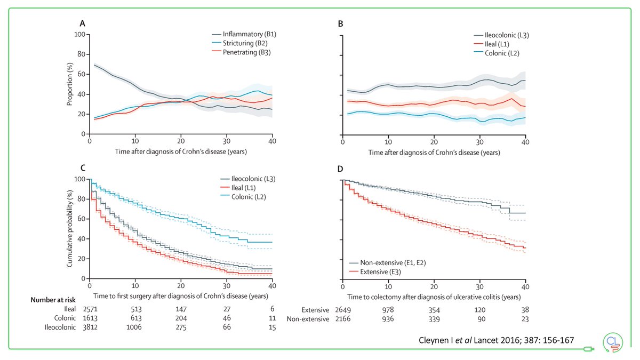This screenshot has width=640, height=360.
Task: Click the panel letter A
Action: (x=83, y=24)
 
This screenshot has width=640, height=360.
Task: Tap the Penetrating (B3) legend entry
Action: (x=249, y=53)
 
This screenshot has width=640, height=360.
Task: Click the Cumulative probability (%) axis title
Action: (x=69, y=229)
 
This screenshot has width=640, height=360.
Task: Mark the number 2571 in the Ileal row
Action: (x=90, y=309)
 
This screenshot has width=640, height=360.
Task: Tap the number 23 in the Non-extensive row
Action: (x=525, y=319)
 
